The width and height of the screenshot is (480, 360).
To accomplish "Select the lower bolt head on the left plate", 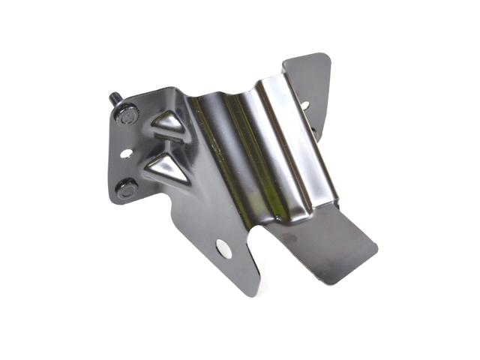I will [125, 190].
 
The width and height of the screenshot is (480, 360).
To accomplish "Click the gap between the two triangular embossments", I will [161, 146].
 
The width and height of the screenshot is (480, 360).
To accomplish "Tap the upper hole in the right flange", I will [304, 106].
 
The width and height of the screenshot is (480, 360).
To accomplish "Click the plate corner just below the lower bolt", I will [118, 201].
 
